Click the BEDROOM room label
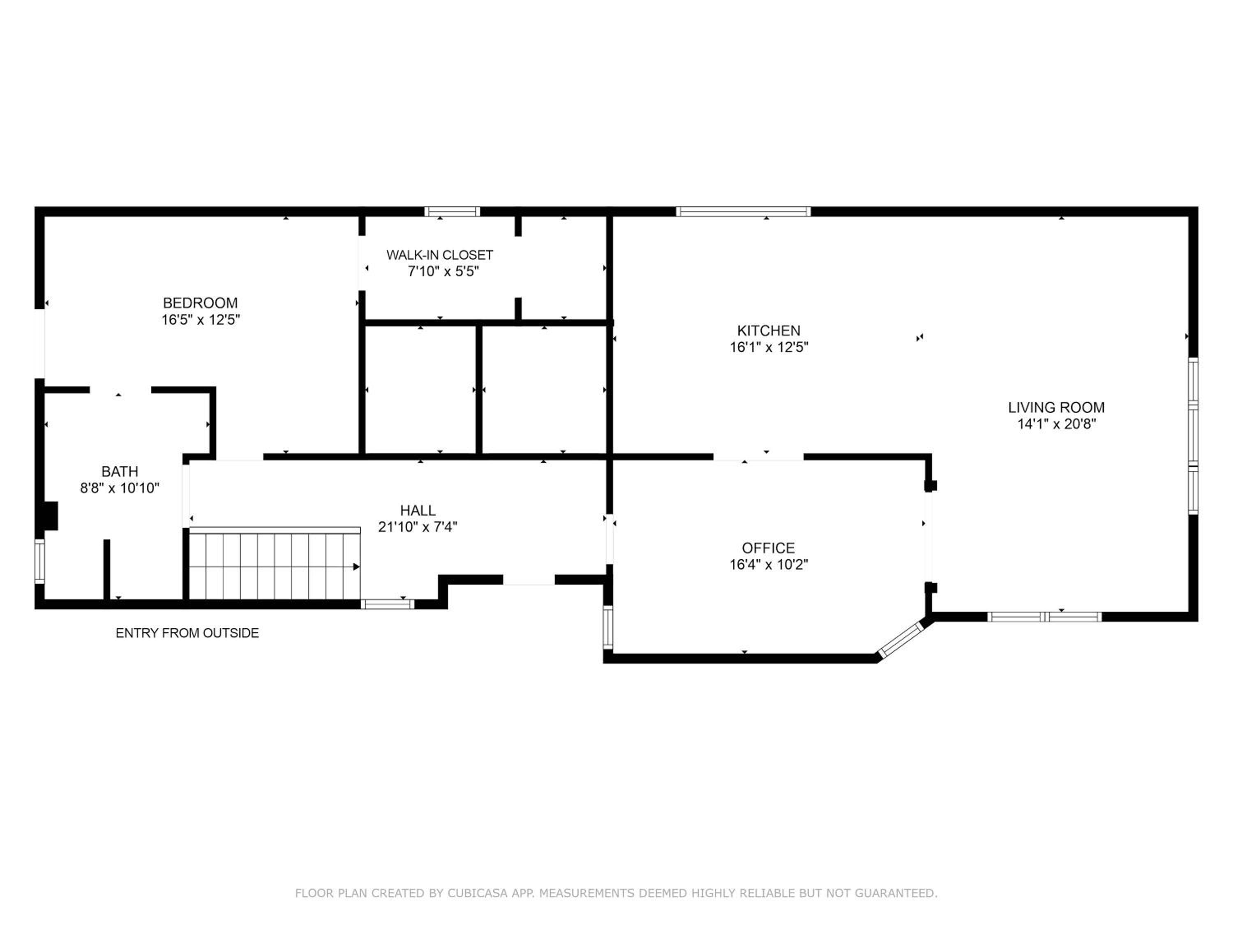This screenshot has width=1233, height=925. pyautogui.click(x=200, y=303)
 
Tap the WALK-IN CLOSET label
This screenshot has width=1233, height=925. pyautogui.click(x=440, y=255)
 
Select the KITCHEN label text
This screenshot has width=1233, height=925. pyautogui.click(x=769, y=331)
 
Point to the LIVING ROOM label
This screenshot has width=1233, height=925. pyautogui.click(x=1056, y=407)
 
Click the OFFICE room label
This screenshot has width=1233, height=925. pyautogui.click(x=768, y=548)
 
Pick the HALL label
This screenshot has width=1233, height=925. pyautogui.click(x=418, y=510)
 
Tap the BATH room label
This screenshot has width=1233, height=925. pyautogui.click(x=120, y=471)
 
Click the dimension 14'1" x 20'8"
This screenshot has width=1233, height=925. pyautogui.click(x=1056, y=424)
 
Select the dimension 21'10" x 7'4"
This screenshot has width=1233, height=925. pyautogui.click(x=418, y=527)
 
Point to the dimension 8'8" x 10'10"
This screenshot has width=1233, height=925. pyautogui.click(x=120, y=488)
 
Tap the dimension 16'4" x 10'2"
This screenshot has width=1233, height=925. pyautogui.click(x=769, y=565)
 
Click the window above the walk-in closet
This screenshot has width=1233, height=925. pyautogui.click(x=452, y=212)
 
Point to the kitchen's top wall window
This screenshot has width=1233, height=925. pyautogui.click(x=743, y=212)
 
